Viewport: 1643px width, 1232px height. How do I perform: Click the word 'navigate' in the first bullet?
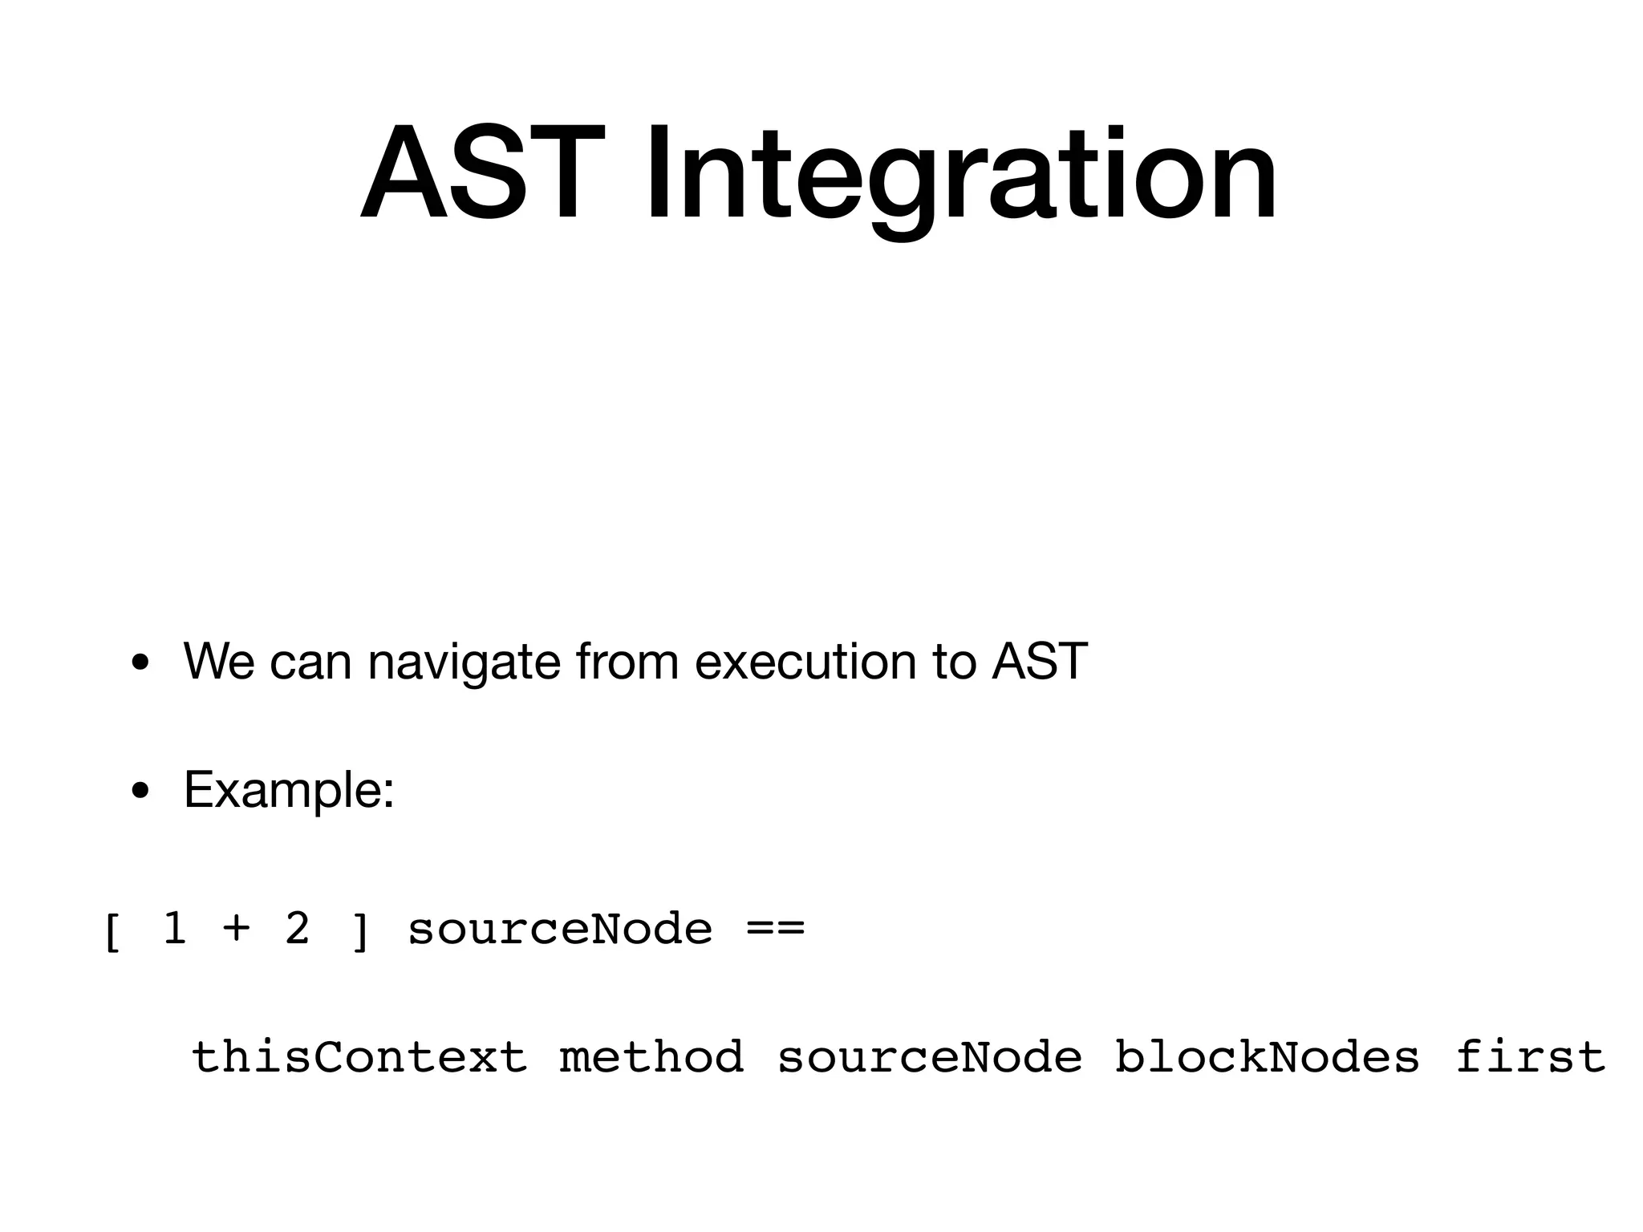tap(463, 663)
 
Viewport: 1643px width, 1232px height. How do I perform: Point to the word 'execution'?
tap(805, 662)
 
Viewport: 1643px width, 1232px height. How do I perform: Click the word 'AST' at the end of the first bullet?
tap(1040, 662)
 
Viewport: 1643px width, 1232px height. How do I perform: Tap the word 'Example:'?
tap(289, 790)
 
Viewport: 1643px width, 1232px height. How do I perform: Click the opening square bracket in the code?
tap(112, 932)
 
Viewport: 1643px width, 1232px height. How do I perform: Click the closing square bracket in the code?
tap(361, 932)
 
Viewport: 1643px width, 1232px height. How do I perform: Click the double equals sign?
tap(775, 929)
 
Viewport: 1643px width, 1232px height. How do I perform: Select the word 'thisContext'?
tap(359, 1056)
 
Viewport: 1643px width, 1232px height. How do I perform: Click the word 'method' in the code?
tap(651, 1056)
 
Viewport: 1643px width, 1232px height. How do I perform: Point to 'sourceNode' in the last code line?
tap(930, 1056)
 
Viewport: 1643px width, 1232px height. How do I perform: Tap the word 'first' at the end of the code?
tap(1530, 1056)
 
